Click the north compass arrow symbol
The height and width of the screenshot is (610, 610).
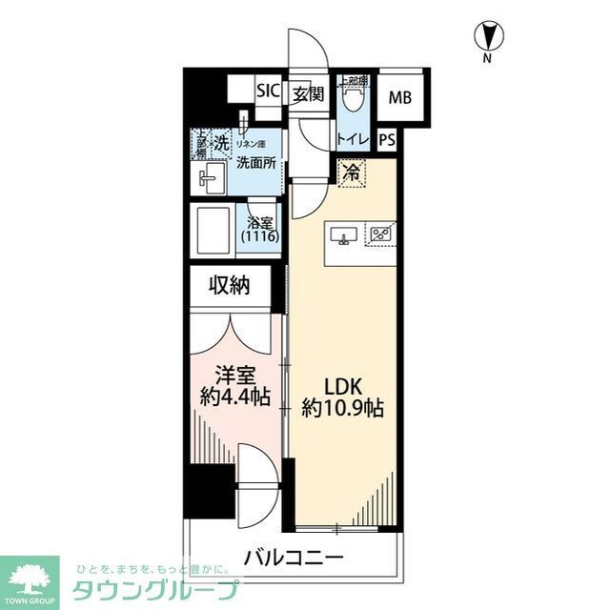487,37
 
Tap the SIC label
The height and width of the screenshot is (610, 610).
268,92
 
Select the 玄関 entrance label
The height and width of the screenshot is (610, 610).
307,93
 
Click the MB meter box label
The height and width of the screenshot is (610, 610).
400,97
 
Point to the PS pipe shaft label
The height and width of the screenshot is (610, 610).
386,139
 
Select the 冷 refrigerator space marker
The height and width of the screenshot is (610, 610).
352,173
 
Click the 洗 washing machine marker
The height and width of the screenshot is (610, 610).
220,143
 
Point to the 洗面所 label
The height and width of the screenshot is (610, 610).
256,163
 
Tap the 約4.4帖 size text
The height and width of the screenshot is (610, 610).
234,396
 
